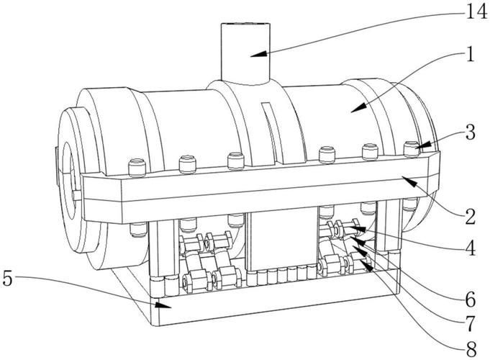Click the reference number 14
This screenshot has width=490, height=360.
pyautogui.click(x=476, y=12)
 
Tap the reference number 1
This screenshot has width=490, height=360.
pyautogui.click(x=469, y=54)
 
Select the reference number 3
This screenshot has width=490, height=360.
pyautogui.click(x=470, y=132)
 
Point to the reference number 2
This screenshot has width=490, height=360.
pyautogui.click(x=470, y=217)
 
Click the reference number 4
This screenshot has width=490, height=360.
pyautogui.click(x=470, y=248)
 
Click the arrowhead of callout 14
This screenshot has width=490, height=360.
pyautogui.click(x=258, y=55)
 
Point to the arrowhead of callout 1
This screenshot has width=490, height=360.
pyautogui.click(x=358, y=107)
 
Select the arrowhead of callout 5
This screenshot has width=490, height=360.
pyautogui.click(x=163, y=305)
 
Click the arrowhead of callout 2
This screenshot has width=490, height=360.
pyautogui.click(x=409, y=181)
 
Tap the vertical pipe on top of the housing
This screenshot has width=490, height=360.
pyautogui.click(x=245, y=53)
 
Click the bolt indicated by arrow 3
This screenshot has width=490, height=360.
pyautogui.click(x=412, y=148)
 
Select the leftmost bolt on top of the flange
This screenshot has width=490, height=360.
pyautogui.click(x=137, y=167)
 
